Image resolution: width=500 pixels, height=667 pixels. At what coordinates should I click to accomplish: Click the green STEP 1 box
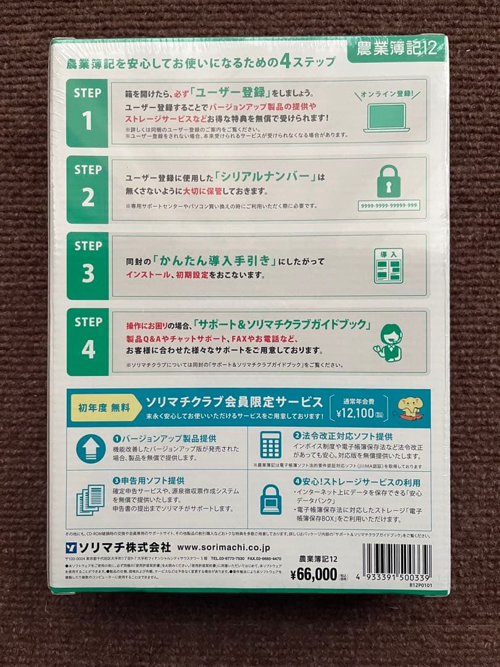coord(88,112)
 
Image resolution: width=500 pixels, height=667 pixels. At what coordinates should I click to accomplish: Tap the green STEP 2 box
coord(88,188)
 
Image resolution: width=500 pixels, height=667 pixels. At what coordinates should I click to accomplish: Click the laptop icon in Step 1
coord(386,118)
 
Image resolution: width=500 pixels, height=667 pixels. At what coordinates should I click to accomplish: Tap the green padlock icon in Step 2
coord(388,182)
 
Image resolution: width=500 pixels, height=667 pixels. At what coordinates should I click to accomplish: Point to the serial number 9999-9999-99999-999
coord(388,205)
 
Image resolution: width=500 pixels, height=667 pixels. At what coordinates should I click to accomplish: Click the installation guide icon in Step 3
coord(388,266)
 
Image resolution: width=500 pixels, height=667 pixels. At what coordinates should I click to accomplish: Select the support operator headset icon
coord(388,343)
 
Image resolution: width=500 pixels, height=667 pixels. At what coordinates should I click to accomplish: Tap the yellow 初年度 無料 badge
coord(104,408)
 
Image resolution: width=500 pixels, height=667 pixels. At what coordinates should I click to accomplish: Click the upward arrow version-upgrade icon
coord(91,449)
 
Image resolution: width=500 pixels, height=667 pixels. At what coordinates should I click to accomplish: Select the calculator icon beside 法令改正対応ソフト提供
coord(270,445)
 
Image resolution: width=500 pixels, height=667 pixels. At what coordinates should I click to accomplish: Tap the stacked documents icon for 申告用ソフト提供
coord(90,499)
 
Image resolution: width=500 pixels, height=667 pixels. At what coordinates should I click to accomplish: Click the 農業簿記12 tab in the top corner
coord(394,49)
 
